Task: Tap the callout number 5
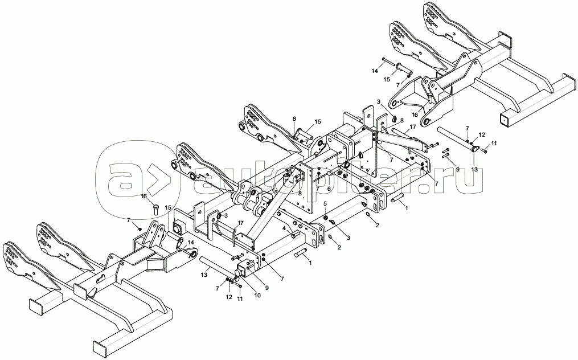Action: pos(325,203)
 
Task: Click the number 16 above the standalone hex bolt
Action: pos(144,196)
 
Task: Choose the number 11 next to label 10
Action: pos(239,298)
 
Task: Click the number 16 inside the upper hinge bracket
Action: pos(415,114)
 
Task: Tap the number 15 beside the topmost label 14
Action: pos(386,79)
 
